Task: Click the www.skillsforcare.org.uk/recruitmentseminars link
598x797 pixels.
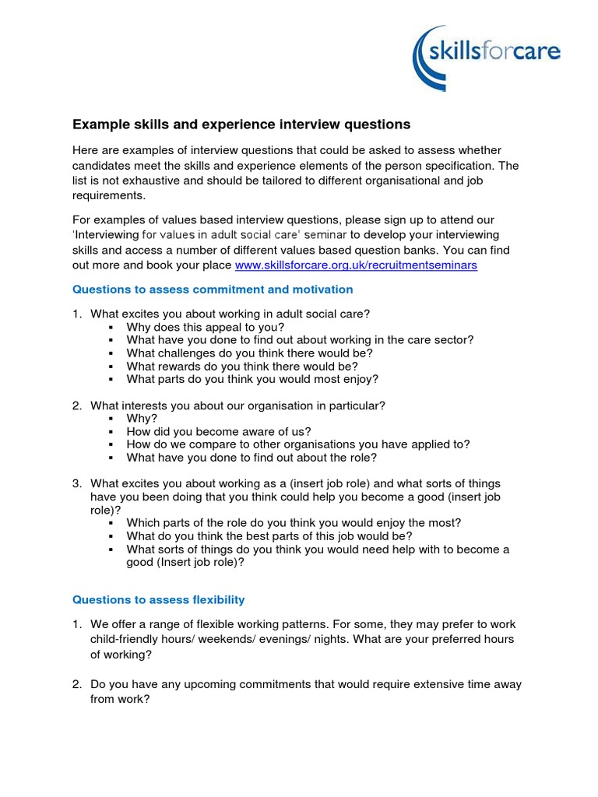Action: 356,265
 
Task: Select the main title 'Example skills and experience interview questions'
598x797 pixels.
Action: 241,125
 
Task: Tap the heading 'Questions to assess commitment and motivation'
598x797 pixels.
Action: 213,290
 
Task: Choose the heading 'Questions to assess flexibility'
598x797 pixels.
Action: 159,599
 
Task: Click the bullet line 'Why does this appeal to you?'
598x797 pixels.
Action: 206,327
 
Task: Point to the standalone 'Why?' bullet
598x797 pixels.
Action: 142,419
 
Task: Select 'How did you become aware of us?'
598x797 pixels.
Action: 219,432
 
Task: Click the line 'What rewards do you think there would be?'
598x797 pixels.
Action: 242,366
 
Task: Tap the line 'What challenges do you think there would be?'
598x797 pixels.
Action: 249,353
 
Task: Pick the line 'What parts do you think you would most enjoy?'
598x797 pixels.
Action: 252,379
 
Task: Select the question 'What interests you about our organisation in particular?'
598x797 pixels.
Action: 237,406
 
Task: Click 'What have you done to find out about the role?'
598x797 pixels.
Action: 252,458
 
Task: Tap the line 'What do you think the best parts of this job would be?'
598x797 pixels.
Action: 269,536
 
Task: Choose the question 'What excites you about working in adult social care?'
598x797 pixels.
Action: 230,314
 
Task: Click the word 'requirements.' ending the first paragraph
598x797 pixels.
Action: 109,195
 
